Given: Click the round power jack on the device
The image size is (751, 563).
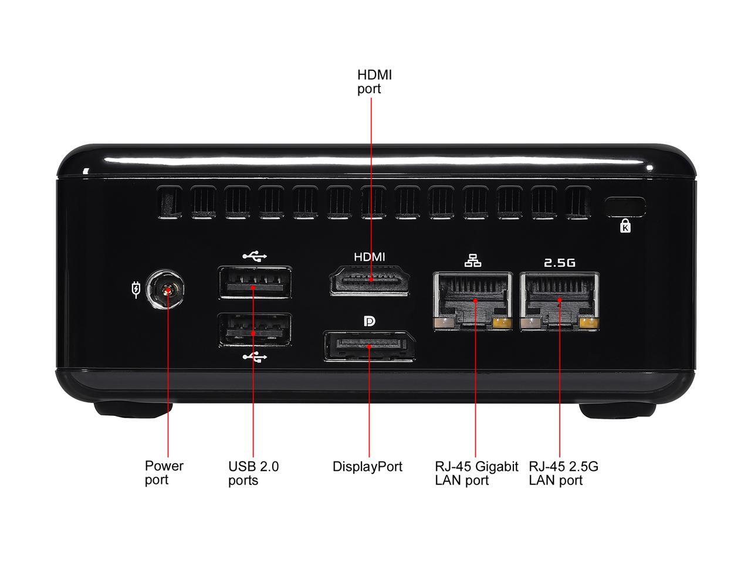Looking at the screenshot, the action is [165, 289].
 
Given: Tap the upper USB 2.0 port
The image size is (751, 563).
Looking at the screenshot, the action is [255, 282].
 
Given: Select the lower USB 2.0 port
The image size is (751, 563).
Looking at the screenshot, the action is [255, 330].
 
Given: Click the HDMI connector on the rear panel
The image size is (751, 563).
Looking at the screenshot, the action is [370, 280].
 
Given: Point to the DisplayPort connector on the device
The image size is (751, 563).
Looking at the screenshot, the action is [370, 346].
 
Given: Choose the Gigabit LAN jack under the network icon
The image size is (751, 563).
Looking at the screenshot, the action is [472, 301].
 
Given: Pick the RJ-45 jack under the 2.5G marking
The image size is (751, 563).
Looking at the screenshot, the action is [559, 301].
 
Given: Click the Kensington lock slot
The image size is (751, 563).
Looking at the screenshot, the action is [625, 207].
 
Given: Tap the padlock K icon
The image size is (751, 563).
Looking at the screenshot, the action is [625, 226].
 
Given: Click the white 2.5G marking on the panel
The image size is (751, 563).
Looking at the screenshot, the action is [559, 263].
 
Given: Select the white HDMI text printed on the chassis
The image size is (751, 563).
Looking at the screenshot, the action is [370, 257].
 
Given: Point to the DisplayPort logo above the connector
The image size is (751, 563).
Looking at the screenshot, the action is [369, 321].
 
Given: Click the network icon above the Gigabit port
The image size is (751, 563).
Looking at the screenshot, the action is [473, 260].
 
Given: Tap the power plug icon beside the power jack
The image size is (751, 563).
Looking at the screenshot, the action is [136, 290].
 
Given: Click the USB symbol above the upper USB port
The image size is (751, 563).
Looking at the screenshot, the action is [255, 256].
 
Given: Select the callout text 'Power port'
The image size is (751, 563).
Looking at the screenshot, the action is [164, 473].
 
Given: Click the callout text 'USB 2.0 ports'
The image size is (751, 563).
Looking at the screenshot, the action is [253, 473].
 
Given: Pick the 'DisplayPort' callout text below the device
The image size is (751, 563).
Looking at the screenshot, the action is [367, 467].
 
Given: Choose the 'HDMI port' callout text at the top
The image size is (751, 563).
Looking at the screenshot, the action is [375, 82].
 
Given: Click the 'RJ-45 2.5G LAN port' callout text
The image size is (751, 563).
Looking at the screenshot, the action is [563, 473].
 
